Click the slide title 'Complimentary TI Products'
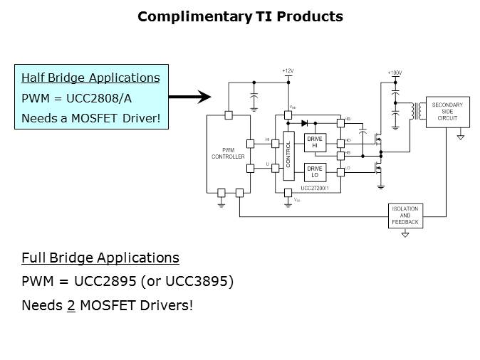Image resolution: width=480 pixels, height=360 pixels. click(x=240, y=16)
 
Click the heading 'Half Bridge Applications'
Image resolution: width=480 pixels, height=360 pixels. click(x=90, y=78)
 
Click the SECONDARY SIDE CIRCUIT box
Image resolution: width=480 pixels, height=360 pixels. click(x=447, y=112)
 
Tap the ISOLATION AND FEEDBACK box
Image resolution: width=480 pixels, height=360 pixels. click(x=405, y=216)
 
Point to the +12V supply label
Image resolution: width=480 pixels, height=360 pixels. click(x=287, y=71)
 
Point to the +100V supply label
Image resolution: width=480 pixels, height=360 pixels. click(x=395, y=73)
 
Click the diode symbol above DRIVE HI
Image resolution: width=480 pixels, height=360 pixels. click(x=304, y=124)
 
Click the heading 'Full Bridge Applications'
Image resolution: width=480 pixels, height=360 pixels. click(x=100, y=258)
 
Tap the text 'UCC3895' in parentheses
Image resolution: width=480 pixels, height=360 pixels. click(x=202, y=281)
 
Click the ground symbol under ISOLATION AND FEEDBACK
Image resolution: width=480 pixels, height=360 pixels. click(x=405, y=233)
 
